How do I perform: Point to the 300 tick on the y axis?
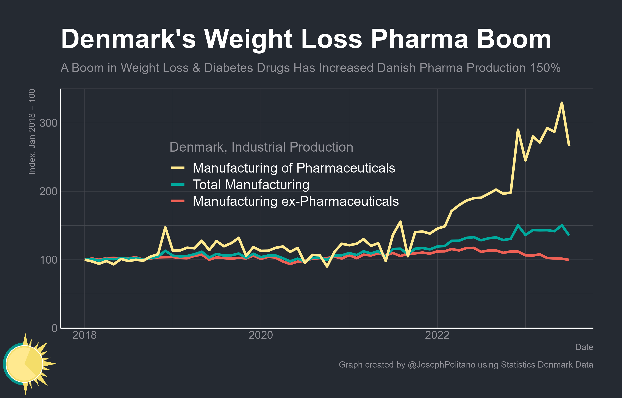[48, 123]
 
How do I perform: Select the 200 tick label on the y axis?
[48, 192]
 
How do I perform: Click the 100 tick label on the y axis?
[48, 260]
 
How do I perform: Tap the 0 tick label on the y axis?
[55, 328]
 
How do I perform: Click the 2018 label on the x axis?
[84, 335]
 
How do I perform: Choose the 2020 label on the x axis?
[261, 335]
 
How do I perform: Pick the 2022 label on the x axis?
[437, 335]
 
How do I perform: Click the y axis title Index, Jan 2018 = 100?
[32, 132]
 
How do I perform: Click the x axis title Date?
[584, 347]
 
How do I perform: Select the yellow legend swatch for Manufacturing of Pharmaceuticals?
[178, 168]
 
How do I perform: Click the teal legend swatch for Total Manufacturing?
[178, 184]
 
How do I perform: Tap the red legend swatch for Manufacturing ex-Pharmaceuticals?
[178, 201]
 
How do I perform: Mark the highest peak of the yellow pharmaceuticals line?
[562, 103]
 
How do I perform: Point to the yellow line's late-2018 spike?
[165, 227]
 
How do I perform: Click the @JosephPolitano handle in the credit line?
[441, 365]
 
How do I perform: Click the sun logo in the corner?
[26, 364]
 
